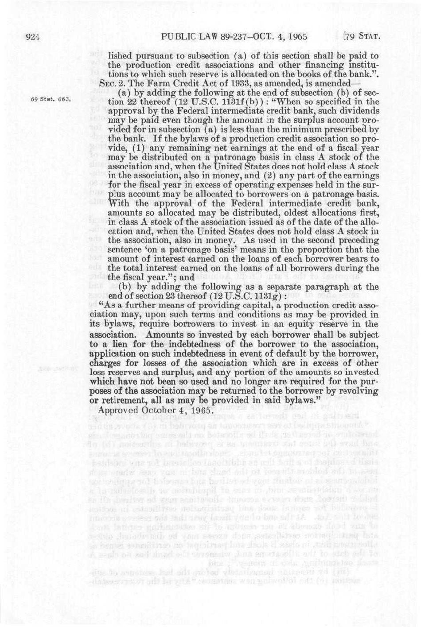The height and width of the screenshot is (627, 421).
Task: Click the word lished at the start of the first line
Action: [119, 56]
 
